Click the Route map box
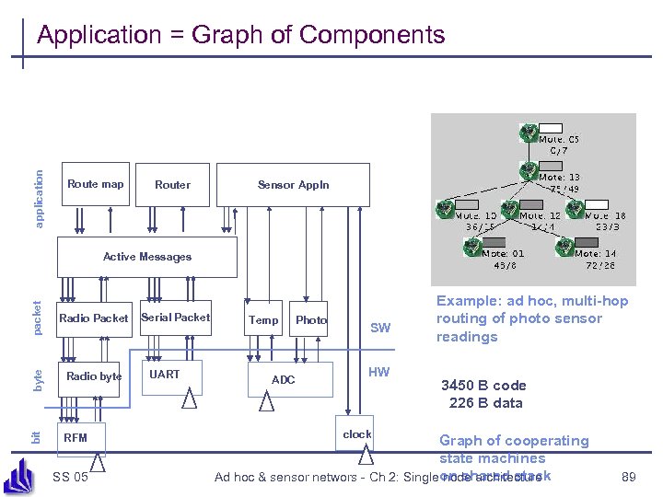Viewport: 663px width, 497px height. coord(95,185)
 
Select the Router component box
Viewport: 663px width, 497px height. coord(172,185)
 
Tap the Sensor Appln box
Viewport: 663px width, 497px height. coord(293,185)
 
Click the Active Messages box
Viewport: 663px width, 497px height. coord(147,257)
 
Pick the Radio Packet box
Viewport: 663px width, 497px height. coord(94,318)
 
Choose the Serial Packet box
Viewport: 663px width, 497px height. coord(175,318)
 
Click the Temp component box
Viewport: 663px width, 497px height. coord(263,319)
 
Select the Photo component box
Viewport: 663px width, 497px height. coord(310,319)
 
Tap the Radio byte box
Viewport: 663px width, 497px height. coord(94,376)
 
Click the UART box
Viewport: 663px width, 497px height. coord(165,375)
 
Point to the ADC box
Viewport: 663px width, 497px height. coord(284,380)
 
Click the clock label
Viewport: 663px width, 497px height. coord(357,434)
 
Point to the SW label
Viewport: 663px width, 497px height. coord(379,328)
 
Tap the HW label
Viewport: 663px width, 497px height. coord(378,373)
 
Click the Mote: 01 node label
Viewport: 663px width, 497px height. coord(505,253)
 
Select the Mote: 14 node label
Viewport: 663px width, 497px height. coord(596,253)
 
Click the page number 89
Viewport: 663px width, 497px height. coord(629,477)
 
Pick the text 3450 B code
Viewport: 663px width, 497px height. coord(483,386)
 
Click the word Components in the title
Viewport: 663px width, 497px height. coord(372,35)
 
